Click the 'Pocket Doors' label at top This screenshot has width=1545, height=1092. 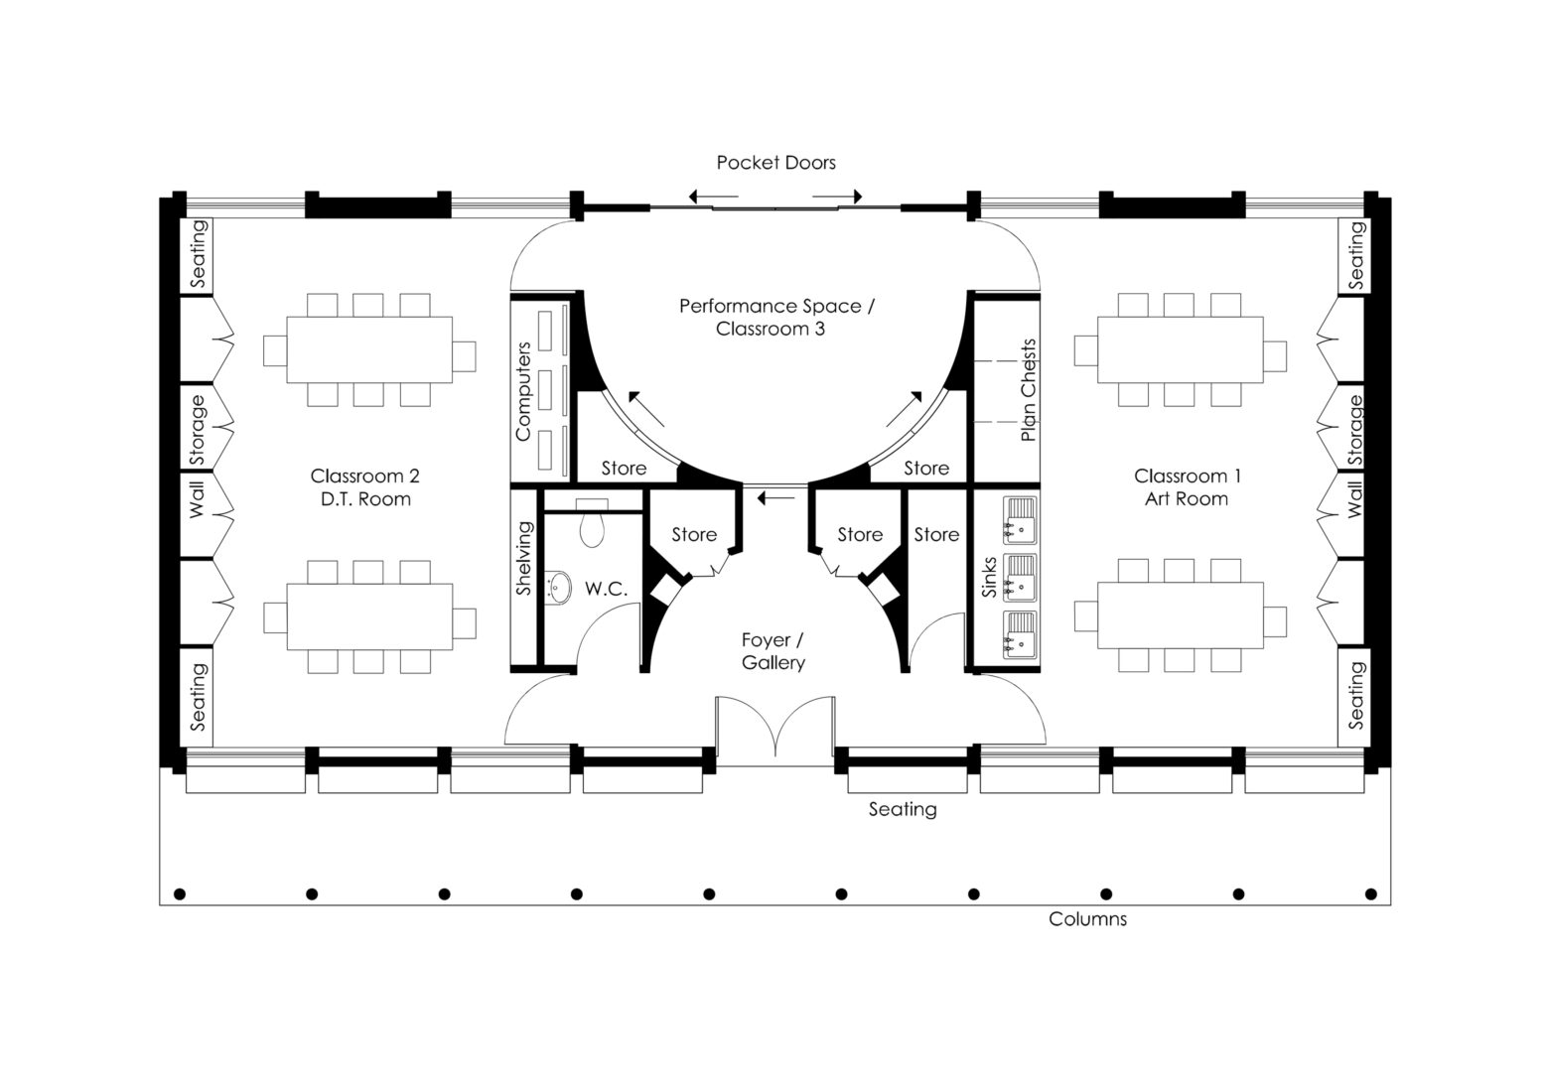tap(775, 163)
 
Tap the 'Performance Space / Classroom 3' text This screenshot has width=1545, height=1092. tap(775, 317)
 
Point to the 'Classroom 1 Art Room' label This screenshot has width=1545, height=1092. tap(1187, 487)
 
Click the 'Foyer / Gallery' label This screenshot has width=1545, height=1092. tap(772, 651)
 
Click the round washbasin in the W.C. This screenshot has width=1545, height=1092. tap(559, 587)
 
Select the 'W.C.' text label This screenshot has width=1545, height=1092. tap(606, 589)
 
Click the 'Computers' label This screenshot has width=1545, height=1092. tap(523, 391)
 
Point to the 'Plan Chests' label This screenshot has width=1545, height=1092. tap(1028, 390)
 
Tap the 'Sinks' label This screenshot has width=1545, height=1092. tap(989, 577)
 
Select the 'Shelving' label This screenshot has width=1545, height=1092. tap(524, 558)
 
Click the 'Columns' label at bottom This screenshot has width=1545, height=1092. tap(1087, 919)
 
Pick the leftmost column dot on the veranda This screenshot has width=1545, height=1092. tap(180, 894)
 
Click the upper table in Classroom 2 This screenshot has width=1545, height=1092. tap(369, 349)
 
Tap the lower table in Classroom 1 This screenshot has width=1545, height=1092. tap(1180, 615)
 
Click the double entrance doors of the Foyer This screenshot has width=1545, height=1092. tap(773, 730)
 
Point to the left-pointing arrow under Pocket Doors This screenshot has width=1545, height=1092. tap(707, 197)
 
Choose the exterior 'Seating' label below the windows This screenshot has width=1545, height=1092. tap(902, 809)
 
